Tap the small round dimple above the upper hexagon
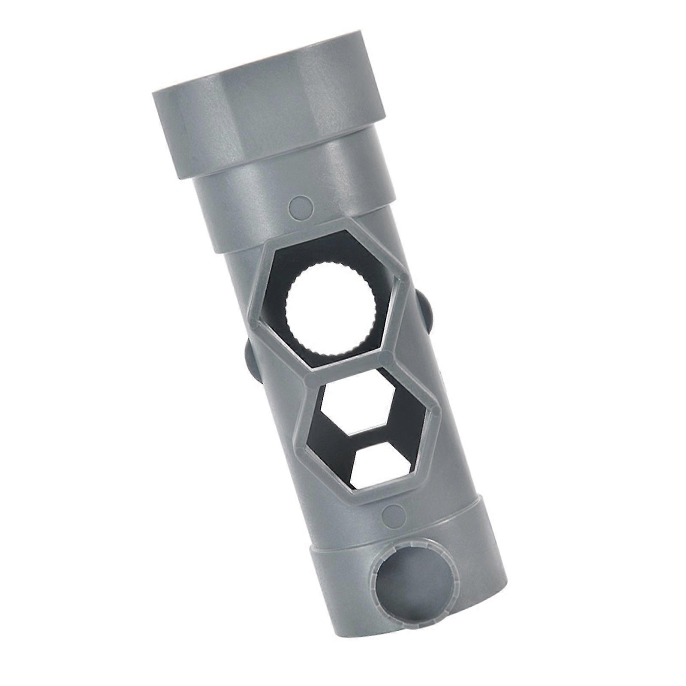[299, 205]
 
